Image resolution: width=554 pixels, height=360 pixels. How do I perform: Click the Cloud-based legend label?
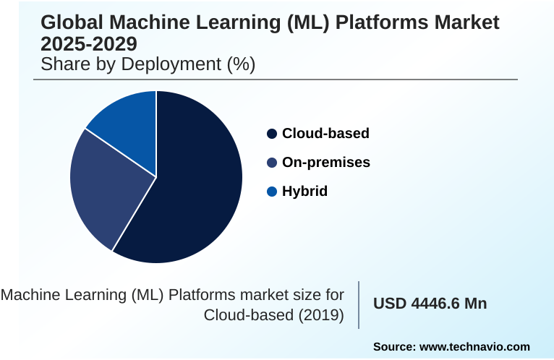[325, 134]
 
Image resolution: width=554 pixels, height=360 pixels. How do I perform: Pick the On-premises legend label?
[326, 163]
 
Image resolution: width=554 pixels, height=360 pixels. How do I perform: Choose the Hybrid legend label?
[304, 192]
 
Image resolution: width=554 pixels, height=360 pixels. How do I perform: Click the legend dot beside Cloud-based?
[272, 134]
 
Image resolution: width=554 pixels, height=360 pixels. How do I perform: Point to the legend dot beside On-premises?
[272, 163]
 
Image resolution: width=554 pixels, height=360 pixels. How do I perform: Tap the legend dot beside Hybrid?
[272, 192]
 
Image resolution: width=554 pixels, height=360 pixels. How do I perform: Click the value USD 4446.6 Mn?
[430, 304]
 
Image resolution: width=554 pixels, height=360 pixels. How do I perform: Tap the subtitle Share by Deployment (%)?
[148, 64]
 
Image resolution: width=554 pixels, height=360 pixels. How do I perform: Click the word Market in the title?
[466, 22]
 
